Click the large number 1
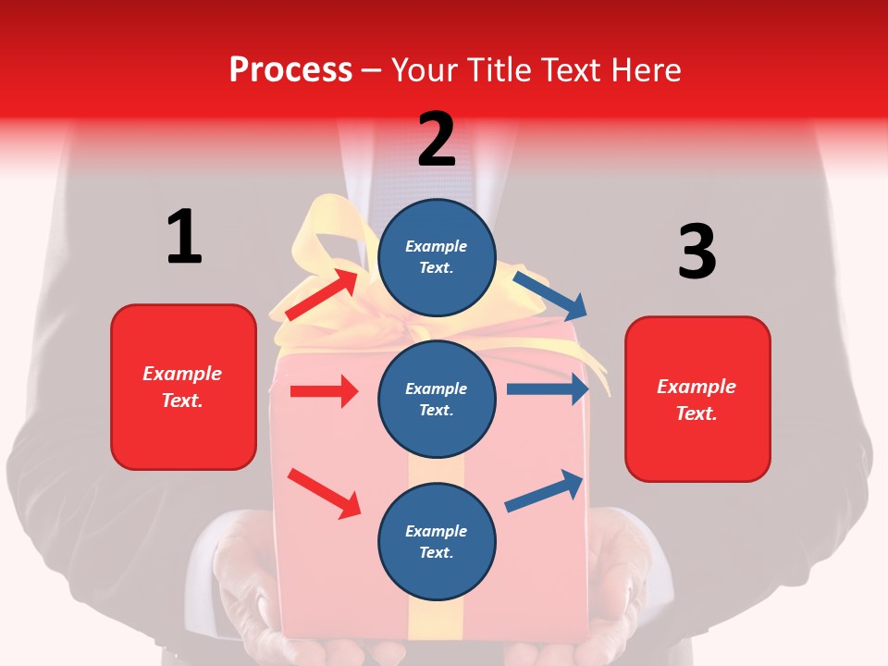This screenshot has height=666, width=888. click(184, 237)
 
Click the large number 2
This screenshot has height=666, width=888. click(437, 140)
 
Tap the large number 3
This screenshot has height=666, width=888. click(697, 253)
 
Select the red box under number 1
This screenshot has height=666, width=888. click(183, 387)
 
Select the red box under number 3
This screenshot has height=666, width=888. click(697, 399)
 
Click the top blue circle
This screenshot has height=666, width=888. click(437, 257)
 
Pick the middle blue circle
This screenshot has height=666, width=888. click(437, 399)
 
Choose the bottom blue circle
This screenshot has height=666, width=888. click(437, 541)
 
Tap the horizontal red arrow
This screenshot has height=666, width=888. click(324, 391)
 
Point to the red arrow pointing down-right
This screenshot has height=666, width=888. click(324, 493)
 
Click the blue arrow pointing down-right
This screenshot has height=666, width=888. click(550, 293)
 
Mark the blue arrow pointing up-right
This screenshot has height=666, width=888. click(544, 491)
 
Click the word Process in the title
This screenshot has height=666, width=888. click(290, 70)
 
